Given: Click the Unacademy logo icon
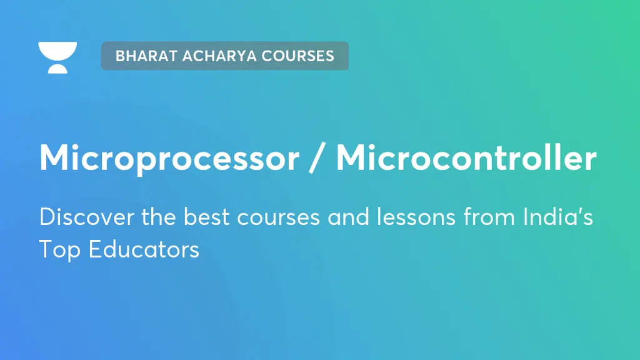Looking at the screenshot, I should coord(57,57).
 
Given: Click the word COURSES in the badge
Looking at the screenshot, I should coord(298,56).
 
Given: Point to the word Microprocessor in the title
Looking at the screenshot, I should coord(169,159).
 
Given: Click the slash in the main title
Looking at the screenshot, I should coord(318,159).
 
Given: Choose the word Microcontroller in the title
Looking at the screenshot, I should coord(466,159).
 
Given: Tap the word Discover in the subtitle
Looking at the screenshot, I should coord(77,217).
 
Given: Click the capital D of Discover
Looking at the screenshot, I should coord(46,217).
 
